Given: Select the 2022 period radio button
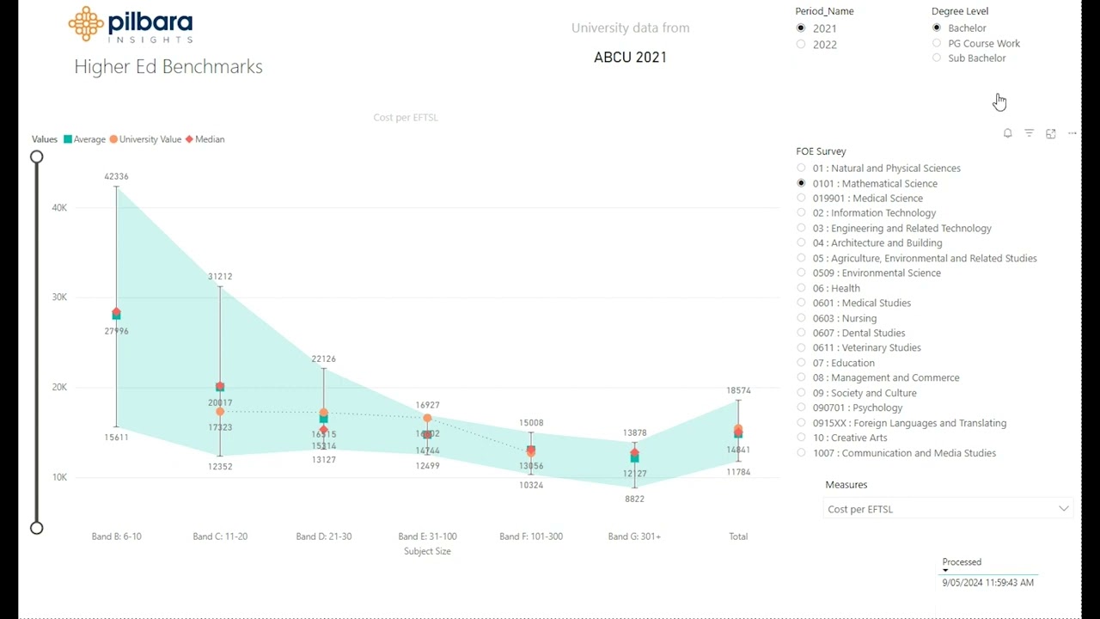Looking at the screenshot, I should tap(801, 45).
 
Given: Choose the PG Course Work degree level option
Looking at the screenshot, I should tap(937, 43).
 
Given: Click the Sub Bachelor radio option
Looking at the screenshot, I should tap(937, 58).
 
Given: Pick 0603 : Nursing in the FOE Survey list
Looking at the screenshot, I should tap(801, 318).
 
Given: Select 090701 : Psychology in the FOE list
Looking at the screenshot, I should tap(801, 408).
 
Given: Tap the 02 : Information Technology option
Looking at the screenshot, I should tap(801, 213).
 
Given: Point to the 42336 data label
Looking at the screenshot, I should tap(116, 176).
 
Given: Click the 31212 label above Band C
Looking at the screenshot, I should tap(220, 276).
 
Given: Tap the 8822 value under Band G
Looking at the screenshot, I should tap(634, 499).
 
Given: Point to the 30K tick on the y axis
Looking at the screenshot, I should tap(58, 297).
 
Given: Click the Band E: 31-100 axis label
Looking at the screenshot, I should tap(427, 536).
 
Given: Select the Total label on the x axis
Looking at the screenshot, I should tap(738, 536).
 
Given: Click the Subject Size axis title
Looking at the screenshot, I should tap(427, 551).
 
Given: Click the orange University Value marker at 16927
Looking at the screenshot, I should tap(427, 419).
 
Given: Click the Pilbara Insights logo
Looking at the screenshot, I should tap(131, 25).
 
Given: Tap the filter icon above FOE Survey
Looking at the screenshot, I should tap(1029, 133).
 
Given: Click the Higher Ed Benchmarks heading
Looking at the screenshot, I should tap(168, 67).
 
